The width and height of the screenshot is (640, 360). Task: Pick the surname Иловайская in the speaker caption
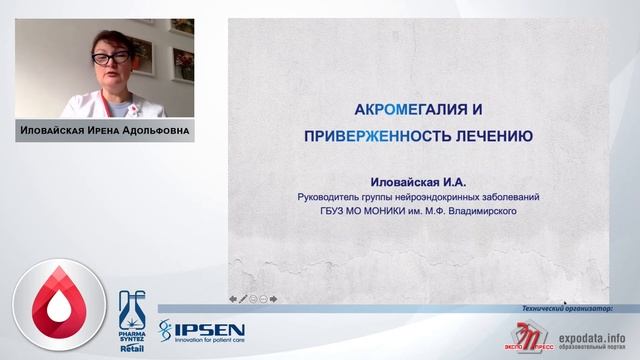[53, 131]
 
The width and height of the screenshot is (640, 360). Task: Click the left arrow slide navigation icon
[233, 298]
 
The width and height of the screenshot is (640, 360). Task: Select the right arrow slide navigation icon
[273, 298]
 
